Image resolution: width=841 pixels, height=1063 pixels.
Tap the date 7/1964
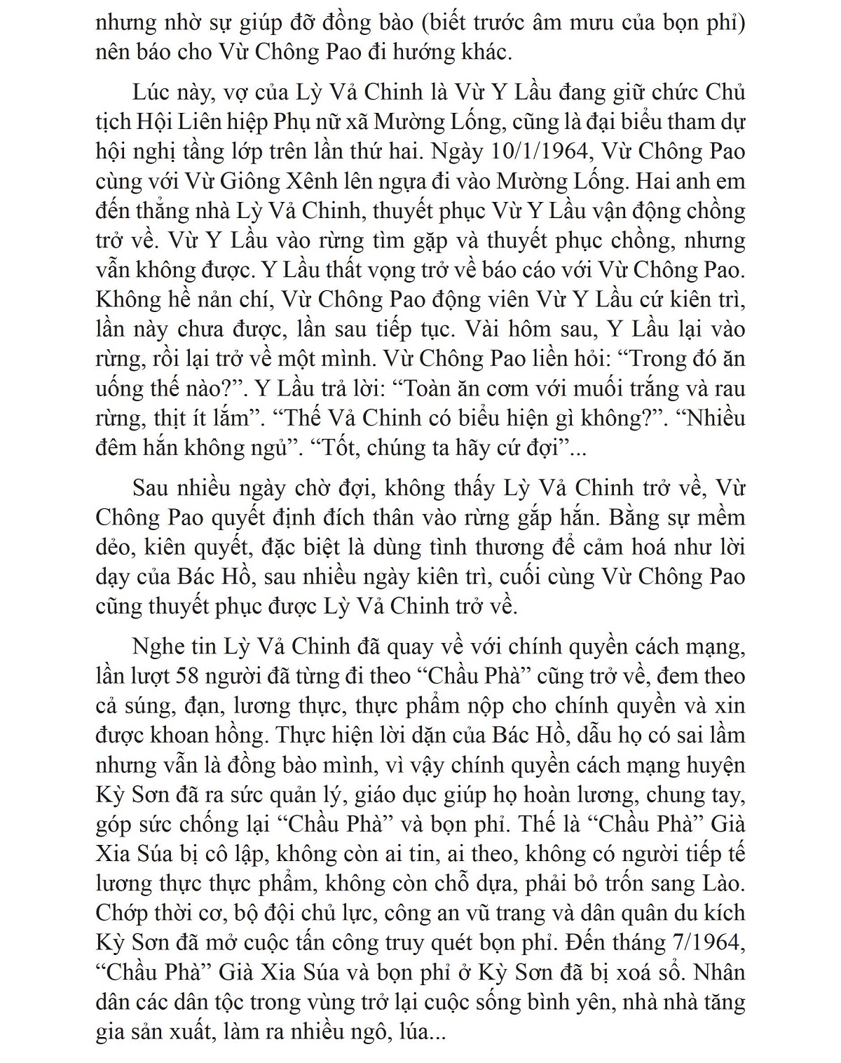pyautogui.click(x=706, y=942)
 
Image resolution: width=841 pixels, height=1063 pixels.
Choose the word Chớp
pyautogui.click(x=121, y=913)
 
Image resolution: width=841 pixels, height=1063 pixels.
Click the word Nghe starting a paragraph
pyautogui.click(x=154, y=646)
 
